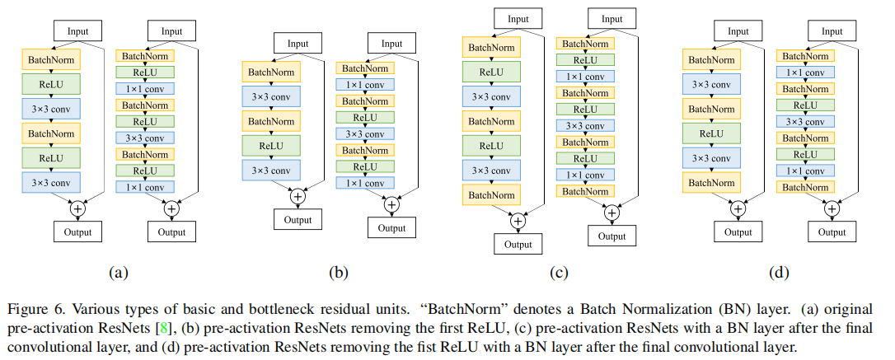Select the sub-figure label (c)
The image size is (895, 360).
tap(562, 271)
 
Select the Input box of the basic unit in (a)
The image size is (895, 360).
tap(77, 31)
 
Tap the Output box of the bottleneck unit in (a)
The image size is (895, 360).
tap(171, 231)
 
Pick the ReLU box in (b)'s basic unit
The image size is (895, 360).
tap(271, 145)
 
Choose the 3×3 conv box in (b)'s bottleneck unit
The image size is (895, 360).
tap(365, 133)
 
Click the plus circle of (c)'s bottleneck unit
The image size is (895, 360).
tap(612, 213)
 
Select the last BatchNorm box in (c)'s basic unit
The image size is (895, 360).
tap(491, 195)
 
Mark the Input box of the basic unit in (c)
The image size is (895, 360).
tap(518, 18)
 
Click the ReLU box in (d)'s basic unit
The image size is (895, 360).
tap(711, 133)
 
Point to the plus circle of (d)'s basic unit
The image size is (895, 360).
tap(738, 208)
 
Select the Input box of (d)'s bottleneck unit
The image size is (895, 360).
tap(832, 30)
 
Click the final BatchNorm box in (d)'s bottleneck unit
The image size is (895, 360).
tap(805, 187)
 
